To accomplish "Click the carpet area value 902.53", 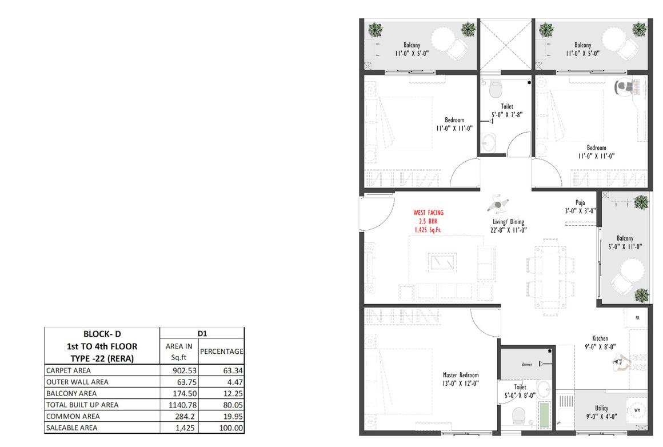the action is click(x=185, y=370).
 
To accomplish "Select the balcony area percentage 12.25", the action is click(x=233, y=393).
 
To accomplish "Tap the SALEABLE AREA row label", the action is click(x=72, y=428).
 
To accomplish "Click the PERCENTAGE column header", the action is click(x=222, y=352).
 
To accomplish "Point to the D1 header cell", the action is click(x=202, y=334).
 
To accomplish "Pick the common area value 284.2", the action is click(x=185, y=416).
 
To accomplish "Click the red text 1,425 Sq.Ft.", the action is click(x=428, y=230).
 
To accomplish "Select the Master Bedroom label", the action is click(x=461, y=375).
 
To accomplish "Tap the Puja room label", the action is click(x=580, y=202).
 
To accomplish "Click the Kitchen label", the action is click(x=600, y=338).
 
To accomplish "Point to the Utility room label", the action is click(x=602, y=408).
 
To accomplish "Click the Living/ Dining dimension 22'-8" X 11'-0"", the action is click(x=508, y=230).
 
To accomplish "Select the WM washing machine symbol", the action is click(x=637, y=410).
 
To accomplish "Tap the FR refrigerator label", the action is click(x=637, y=318).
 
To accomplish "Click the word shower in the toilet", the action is click(x=527, y=364).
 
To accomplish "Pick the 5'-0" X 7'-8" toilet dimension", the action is click(x=507, y=114).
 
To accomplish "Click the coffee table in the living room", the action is click(x=442, y=262).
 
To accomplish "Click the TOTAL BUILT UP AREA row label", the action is click(x=82, y=405).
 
